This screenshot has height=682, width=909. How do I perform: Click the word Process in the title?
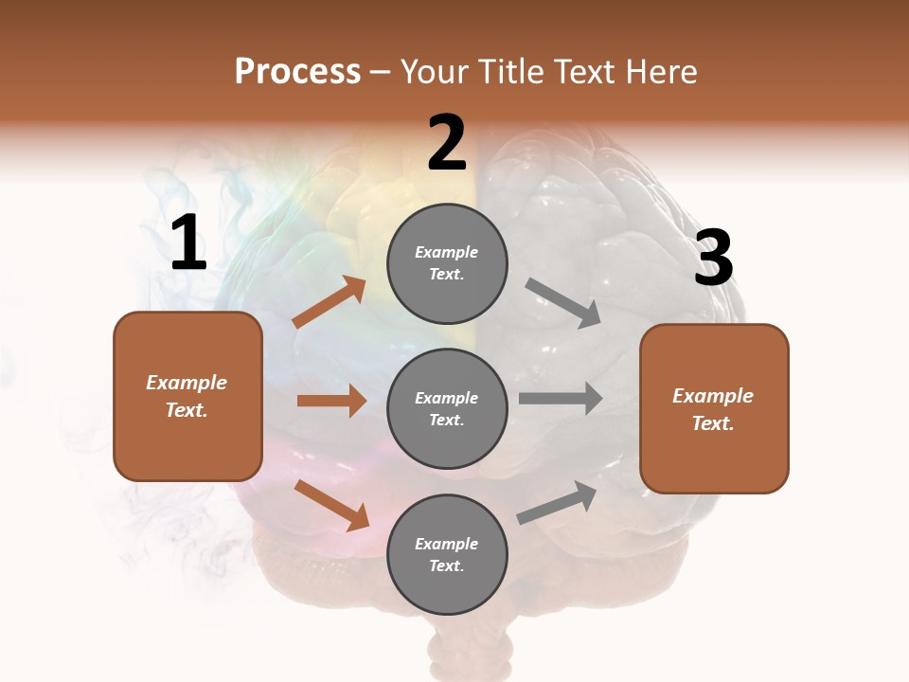click(297, 72)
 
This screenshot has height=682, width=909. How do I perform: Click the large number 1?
click(188, 244)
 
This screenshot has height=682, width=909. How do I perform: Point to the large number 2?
click(447, 143)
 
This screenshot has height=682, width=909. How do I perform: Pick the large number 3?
click(713, 259)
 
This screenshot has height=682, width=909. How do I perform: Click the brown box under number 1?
click(187, 396)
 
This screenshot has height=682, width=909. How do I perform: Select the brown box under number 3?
click(714, 409)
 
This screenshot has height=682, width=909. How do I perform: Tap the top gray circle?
click(447, 262)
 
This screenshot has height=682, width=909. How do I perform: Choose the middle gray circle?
click(447, 408)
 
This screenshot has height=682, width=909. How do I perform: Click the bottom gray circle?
click(447, 554)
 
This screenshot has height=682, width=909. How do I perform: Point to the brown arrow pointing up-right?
click(330, 303)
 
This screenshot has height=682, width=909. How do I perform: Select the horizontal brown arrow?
click(331, 401)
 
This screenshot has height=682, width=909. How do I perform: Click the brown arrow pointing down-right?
click(331, 504)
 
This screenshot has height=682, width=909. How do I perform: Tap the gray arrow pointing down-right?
click(563, 303)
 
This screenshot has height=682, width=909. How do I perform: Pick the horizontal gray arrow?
click(561, 398)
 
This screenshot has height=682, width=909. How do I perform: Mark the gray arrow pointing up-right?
click(558, 501)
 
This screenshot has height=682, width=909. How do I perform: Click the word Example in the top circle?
click(447, 252)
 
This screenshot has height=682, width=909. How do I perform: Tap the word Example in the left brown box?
click(187, 383)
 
